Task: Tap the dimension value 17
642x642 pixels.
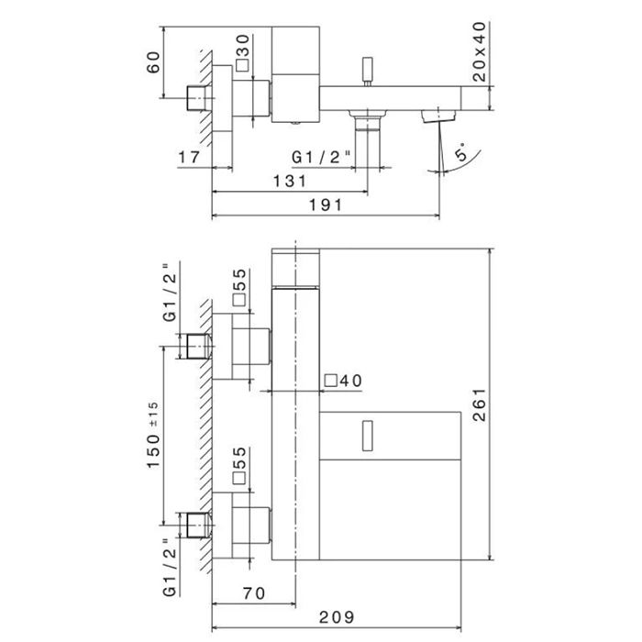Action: (189, 158)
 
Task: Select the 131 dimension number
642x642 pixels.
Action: (290, 181)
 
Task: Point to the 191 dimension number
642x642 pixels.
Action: (326, 206)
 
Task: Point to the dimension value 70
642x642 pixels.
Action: (255, 593)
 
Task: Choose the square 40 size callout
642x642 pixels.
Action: (344, 381)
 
